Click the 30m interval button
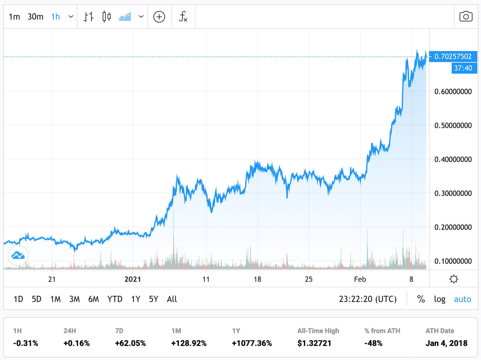point(35,17)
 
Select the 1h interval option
point(55,17)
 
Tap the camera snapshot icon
point(465,17)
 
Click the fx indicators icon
point(183,17)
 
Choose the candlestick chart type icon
point(106,17)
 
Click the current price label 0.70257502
point(453,57)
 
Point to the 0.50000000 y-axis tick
point(453,125)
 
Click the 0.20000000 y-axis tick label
point(453,227)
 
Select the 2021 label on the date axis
point(133,279)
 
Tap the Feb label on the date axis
point(360,279)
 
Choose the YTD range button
point(115,299)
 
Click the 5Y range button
point(153,299)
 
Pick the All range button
point(172,299)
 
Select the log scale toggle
point(439,299)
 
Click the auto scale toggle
point(462,299)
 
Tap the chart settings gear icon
point(453,279)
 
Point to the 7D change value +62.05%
point(130,343)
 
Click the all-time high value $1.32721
point(314,343)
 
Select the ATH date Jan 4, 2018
point(446,343)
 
